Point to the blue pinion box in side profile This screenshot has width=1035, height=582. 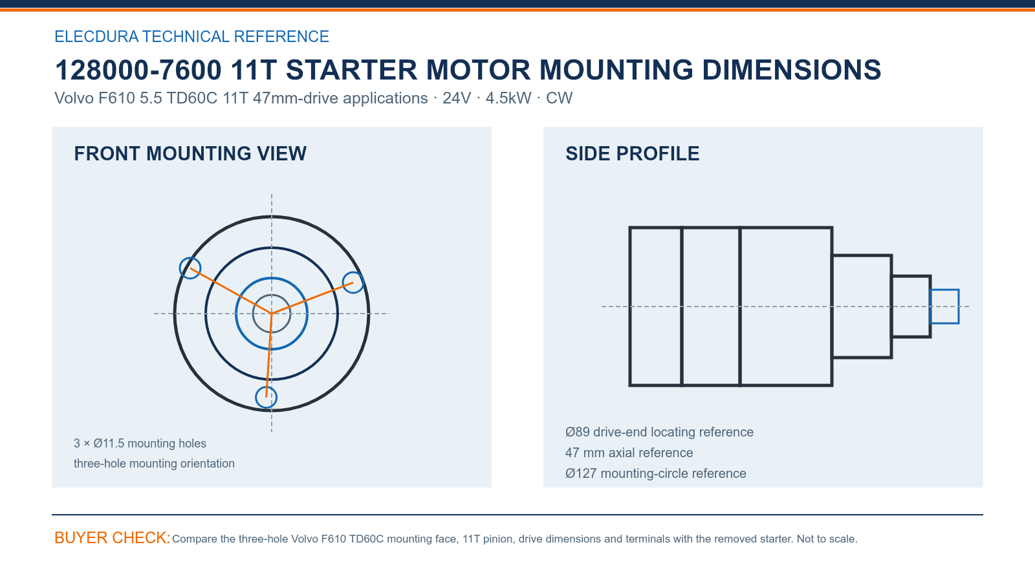point(944,290)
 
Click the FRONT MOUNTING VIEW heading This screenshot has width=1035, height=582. point(190,154)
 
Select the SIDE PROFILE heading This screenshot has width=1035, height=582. point(632,154)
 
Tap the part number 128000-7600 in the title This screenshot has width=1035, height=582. point(138,70)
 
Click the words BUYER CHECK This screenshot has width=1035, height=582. point(112,538)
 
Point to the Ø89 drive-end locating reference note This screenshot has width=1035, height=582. point(659,432)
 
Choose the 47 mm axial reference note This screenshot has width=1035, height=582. point(629,453)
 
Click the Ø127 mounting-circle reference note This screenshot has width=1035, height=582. point(655,473)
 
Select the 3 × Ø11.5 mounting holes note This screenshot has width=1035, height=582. point(140,444)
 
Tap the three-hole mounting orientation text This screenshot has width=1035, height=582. point(154,463)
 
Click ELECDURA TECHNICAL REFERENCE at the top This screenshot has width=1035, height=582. point(191,36)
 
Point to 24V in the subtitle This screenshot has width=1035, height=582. point(457,98)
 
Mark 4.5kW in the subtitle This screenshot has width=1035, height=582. point(508,98)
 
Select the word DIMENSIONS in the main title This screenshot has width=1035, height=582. point(791,70)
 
